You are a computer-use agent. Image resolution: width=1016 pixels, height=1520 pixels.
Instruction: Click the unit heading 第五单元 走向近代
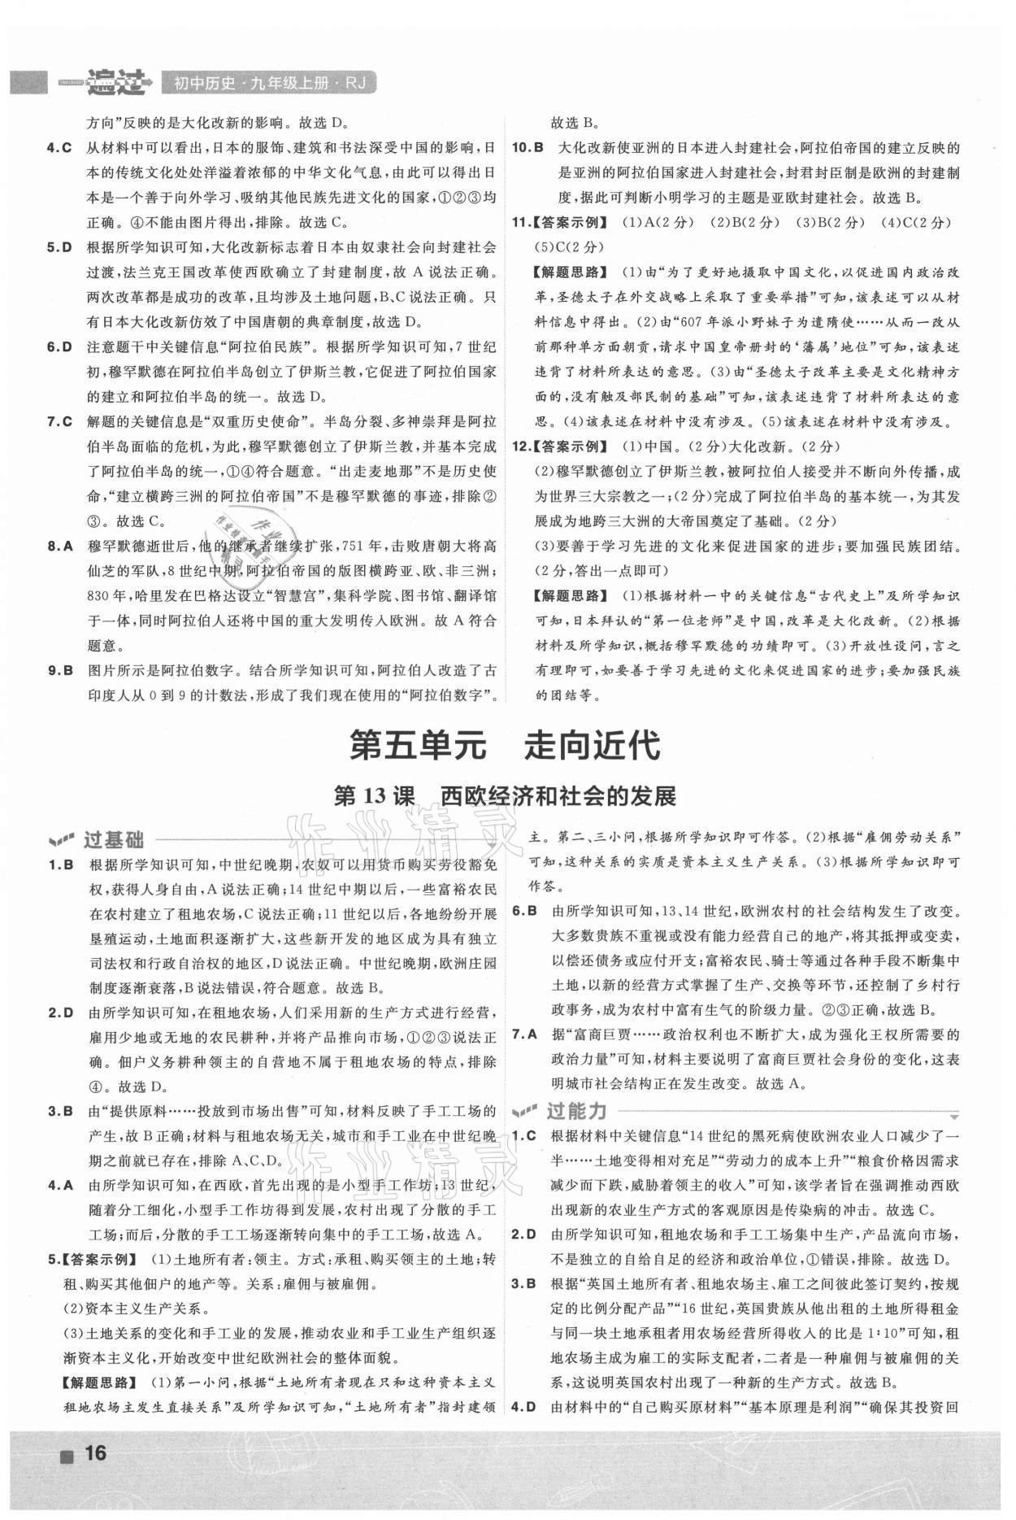point(504,745)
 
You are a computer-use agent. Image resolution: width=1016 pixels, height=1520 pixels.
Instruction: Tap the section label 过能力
point(575,1110)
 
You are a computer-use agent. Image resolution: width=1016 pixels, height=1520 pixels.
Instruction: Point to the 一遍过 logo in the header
point(106,81)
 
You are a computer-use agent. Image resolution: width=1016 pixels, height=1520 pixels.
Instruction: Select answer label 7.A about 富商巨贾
point(524,1034)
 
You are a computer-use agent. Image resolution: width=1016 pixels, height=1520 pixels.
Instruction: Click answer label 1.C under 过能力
point(524,1135)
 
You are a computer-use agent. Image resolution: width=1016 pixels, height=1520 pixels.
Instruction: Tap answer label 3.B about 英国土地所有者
point(524,1285)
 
